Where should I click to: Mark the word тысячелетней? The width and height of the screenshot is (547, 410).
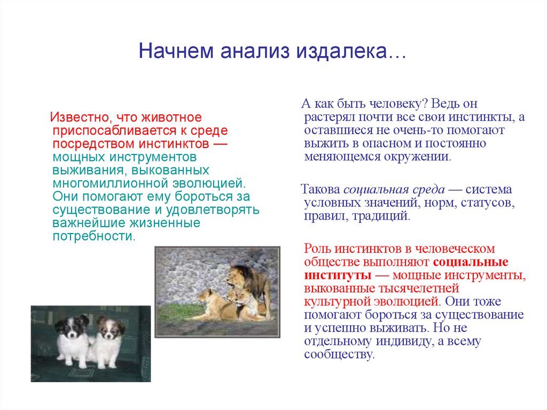(x=421, y=289)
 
